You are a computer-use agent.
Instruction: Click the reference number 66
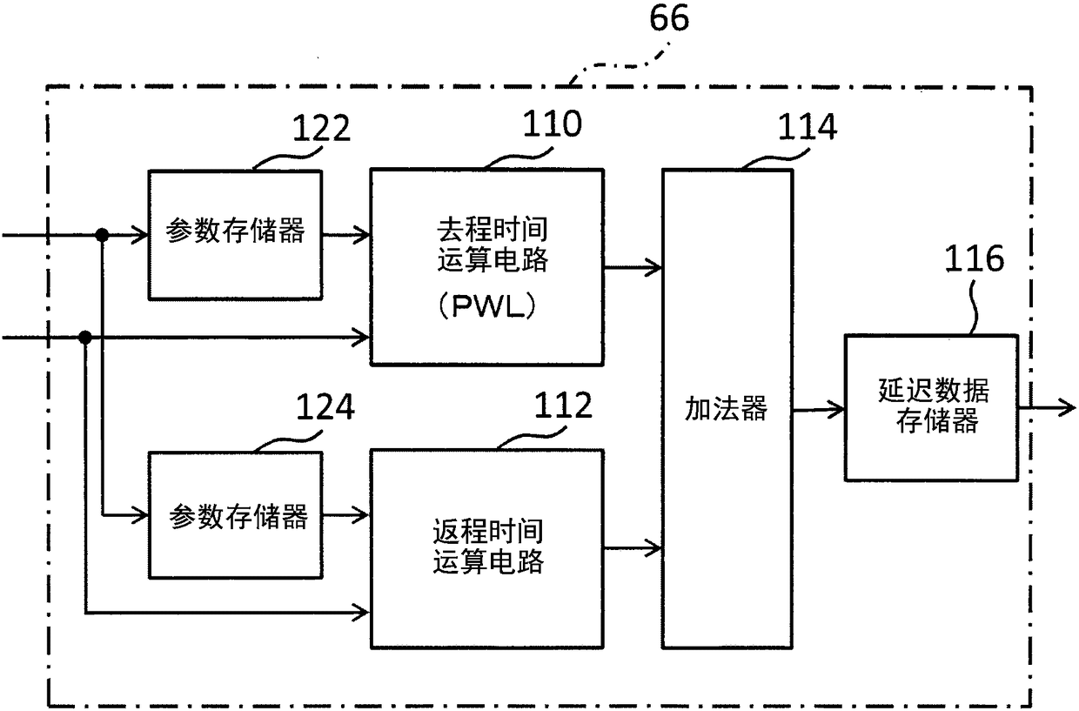pyautogui.click(x=669, y=18)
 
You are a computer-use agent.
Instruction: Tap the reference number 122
pyautogui.click(x=321, y=128)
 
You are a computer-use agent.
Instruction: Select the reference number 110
pyautogui.click(x=553, y=124)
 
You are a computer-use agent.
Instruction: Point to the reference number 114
pyautogui.click(x=808, y=127)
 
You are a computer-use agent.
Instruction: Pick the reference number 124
pyautogui.click(x=325, y=406)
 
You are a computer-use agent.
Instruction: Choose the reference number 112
pyautogui.click(x=563, y=406)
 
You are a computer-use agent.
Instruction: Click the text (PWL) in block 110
pyautogui.click(x=486, y=306)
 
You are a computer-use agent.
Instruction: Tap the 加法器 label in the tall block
pyautogui.click(x=726, y=409)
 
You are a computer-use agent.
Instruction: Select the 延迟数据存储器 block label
pyautogui.click(x=934, y=406)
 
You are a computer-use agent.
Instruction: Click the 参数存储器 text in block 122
pyautogui.click(x=235, y=231)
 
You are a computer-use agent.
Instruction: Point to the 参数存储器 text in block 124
pyautogui.click(x=238, y=516)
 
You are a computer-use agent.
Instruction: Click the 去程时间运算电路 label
pyautogui.click(x=493, y=245)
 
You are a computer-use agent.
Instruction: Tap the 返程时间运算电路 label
pyautogui.click(x=488, y=547)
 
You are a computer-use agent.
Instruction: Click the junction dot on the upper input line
pyautogui.click(x=102, y=235)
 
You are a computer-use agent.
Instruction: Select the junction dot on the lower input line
pyautogui.click(x=85, y=337)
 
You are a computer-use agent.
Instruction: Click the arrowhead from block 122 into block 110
pyautogui.click(x=361, y=235)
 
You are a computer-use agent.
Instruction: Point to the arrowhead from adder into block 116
pyautogui.click(x=835, y=409)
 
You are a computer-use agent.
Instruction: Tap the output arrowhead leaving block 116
pyautogui.click(x=1067, y=408)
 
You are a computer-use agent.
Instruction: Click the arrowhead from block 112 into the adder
pyautogui.click(x=653, y=547)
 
